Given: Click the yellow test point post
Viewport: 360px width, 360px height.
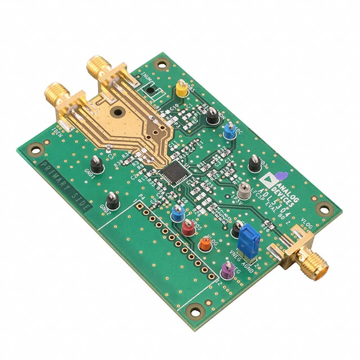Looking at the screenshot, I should tap(181, 89).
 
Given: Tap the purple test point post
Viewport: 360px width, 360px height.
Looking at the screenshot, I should tap(227, 269).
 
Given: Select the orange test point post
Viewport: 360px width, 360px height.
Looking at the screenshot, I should tap(204, 244).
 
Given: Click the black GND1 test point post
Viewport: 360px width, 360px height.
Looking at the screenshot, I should tap(96, 165).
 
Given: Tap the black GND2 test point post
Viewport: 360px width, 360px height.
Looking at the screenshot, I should tap(112, 199).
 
